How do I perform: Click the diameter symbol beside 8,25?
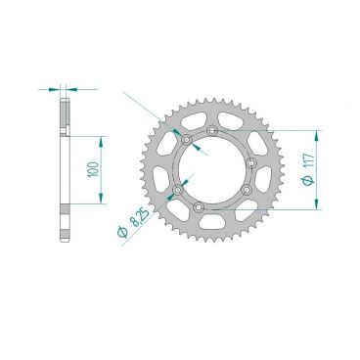pyautogui.click(x=119, y=234)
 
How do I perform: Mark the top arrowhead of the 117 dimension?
pyautogui.click(x=316, y=132)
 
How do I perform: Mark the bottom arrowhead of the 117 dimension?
pyautogui.click(x=316, y=203)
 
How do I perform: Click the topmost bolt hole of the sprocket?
pyautogui.click(x=213, y=130)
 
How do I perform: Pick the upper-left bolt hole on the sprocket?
pyautogui.click(x=184, y=143)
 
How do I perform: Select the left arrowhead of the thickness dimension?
pyautogui.click(x=58, y=89)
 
